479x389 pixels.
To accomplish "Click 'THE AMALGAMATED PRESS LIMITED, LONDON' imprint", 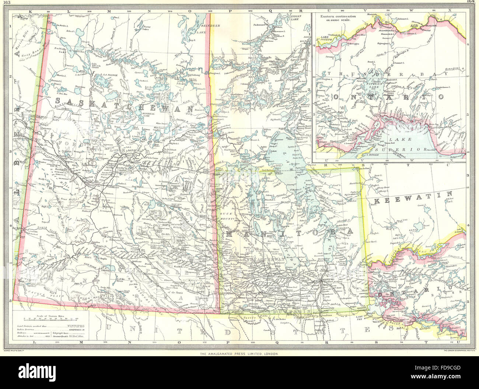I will click(239, 354).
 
